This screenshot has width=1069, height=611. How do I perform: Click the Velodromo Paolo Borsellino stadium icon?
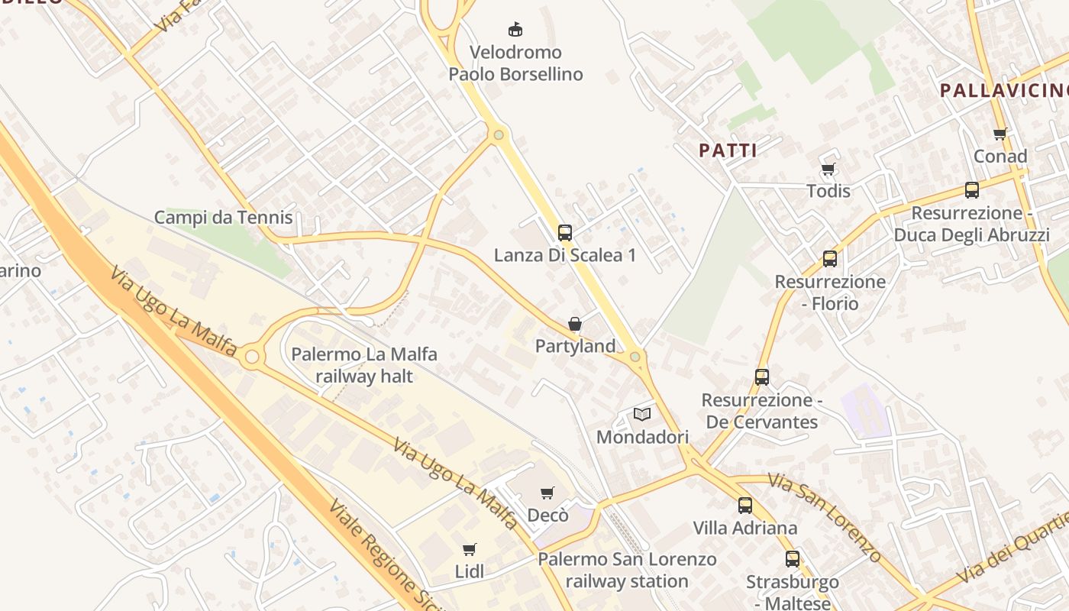(515, 30)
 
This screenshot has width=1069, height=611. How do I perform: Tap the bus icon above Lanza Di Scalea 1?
(565, 232)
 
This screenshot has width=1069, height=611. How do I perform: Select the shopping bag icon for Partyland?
(575, 324)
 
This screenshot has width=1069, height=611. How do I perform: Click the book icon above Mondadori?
(642, 414)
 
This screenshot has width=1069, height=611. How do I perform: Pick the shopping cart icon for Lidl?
(470, 549)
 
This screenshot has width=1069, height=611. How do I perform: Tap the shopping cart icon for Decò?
(547, 493)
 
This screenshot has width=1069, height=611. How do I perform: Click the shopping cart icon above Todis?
(828, 169)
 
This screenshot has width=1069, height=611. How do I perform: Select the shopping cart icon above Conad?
(1000, 134)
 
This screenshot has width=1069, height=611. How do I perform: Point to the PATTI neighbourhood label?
(728, 150)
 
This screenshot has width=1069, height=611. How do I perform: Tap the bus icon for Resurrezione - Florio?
(830, 258)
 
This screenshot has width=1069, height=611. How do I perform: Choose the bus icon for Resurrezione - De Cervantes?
(761, 377)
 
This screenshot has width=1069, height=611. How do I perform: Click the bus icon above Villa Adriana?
(744, 505)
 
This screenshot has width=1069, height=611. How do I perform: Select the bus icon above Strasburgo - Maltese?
(792, 558)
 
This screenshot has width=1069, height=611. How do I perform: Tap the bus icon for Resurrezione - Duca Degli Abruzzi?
(971, 189)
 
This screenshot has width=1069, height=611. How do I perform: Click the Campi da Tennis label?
(223, 218)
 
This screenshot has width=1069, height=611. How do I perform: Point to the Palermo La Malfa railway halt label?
(364, 365)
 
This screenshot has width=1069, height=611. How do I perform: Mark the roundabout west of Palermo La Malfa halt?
(252, 357)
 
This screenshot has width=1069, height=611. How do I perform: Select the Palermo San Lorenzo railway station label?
(627, 570)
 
